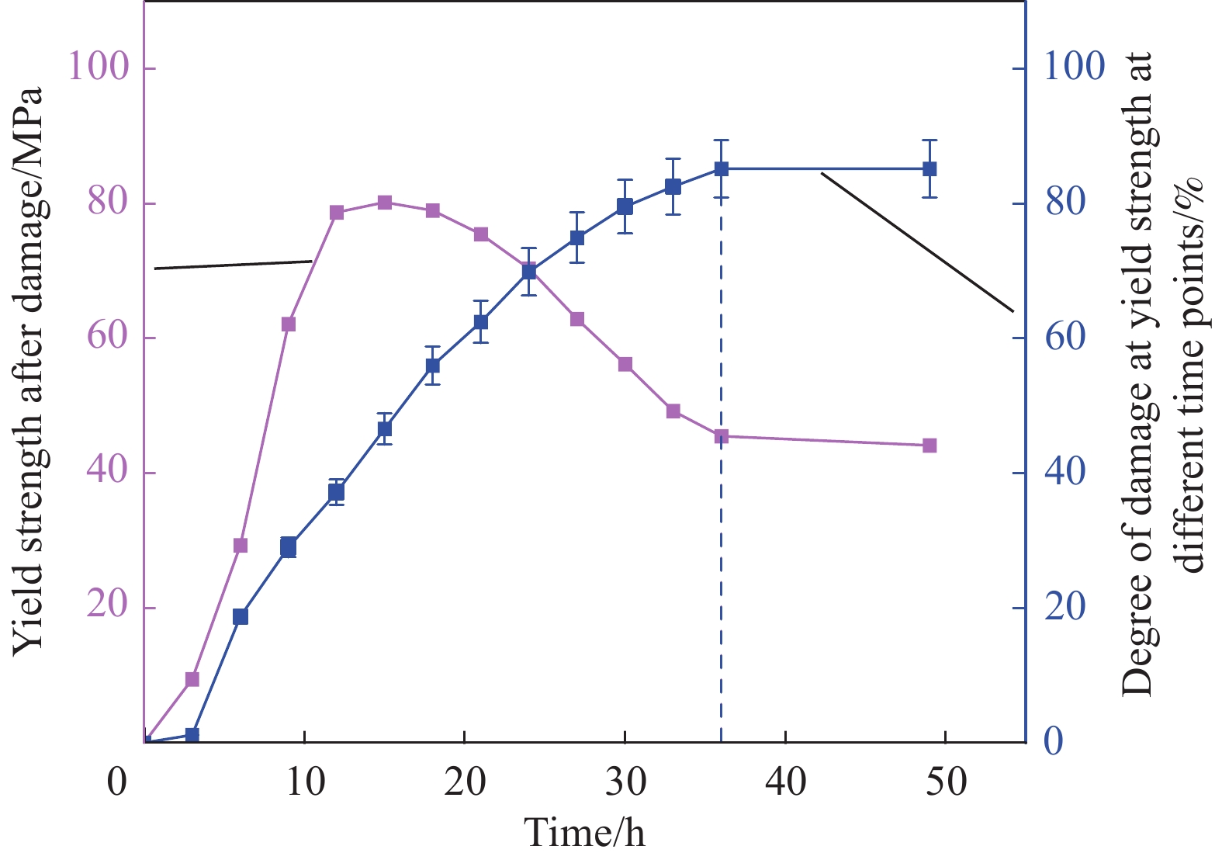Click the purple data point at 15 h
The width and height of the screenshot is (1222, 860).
point(385,203)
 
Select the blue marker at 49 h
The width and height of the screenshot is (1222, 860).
point(929,168)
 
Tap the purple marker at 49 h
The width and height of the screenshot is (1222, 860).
point(929,446)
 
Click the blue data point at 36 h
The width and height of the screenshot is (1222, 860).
point(722,168)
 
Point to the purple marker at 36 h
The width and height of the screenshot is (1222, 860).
point(722,436)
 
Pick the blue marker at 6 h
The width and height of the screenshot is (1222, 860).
point(241,616)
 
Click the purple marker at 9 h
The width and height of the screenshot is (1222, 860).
point(289,324)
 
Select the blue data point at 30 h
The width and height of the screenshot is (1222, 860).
point(625,206)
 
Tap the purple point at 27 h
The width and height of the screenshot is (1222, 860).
point(577,319)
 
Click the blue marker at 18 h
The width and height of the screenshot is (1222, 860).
point(433,366)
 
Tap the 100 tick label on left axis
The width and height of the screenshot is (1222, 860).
point(98,67)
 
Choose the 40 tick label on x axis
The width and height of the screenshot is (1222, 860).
point(786,782)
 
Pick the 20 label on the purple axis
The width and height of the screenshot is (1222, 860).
point(108,607)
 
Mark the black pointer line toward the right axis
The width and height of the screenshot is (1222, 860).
point(918,242)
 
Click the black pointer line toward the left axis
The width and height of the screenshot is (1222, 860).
point(233,265)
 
